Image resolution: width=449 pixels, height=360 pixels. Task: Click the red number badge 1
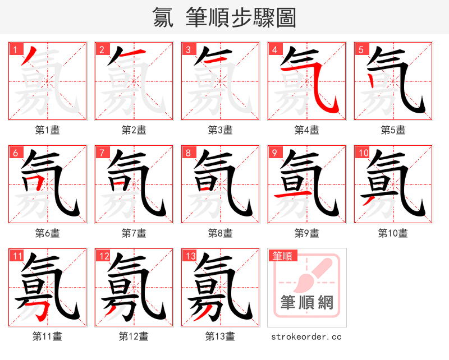pos(15,49)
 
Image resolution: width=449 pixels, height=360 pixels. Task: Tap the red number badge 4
pos(274,49)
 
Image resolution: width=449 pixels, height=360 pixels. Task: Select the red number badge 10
pos(363,153)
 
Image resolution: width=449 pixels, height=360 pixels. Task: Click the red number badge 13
pos(190,256)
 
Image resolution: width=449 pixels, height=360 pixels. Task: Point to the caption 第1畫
pos(47,130)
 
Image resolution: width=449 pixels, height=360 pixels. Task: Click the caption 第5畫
pos(393,130)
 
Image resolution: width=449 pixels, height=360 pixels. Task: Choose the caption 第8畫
pos(220,233)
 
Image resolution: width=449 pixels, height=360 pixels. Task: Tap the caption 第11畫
pos(47,336)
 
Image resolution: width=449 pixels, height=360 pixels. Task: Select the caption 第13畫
pos(220,336)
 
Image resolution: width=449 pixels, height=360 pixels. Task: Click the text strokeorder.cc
pos(306,336)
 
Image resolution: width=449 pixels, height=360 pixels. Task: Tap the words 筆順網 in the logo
pos(307,303)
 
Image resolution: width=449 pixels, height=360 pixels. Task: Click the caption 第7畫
pos(134,233)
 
